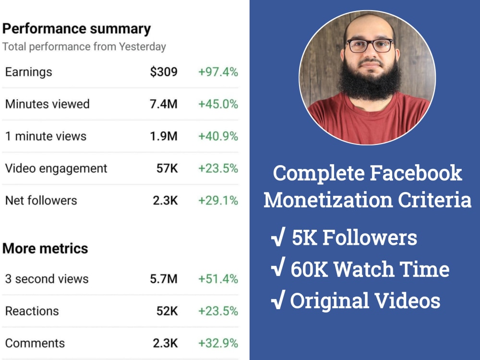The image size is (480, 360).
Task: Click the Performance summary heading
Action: coord(76,29)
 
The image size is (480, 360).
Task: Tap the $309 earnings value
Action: coord(163,72)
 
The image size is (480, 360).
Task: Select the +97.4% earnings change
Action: coord(218,72)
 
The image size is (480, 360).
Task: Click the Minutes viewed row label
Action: coord(47,104)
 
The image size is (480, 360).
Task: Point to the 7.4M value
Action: coord(163,104)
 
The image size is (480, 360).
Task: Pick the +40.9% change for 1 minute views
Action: coord(218,136)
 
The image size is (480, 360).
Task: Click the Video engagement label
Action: coord(56,168)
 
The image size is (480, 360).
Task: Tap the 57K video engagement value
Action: coord(167,168)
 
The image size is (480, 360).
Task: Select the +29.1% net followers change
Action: coord(218,201)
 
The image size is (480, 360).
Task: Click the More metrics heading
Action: coord(45,249)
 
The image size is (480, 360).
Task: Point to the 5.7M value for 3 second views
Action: coord(163,279)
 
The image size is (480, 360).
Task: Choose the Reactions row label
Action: coord(32,311)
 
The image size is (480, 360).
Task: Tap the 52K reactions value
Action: coord(167,311)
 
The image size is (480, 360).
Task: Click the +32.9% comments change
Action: coord(218,343)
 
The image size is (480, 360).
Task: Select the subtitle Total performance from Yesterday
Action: coord(84,47)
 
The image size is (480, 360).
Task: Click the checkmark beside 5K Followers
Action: coord(278,238)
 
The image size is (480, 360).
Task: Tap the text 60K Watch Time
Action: coord(370,269)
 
